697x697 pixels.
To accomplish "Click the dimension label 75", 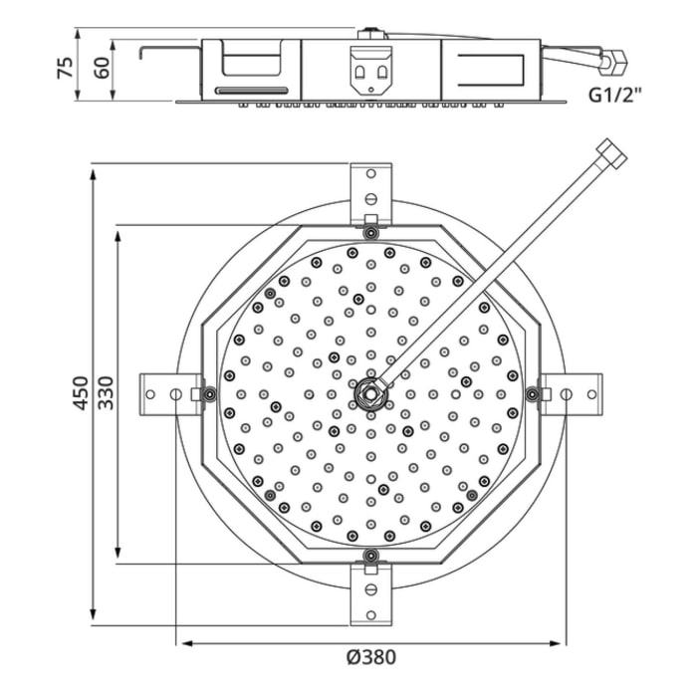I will (x=65, y=68).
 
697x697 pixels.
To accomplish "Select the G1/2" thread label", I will (x=613, y=97).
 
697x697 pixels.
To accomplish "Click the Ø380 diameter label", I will (x=369, y=657).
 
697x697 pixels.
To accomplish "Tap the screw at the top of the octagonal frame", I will (x=369, y=233).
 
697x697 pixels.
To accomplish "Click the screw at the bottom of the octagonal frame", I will (x=369, y=554).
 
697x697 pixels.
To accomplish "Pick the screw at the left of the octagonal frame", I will (x=209, y=393).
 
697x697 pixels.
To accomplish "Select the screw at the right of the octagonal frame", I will (x=532, y=393).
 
